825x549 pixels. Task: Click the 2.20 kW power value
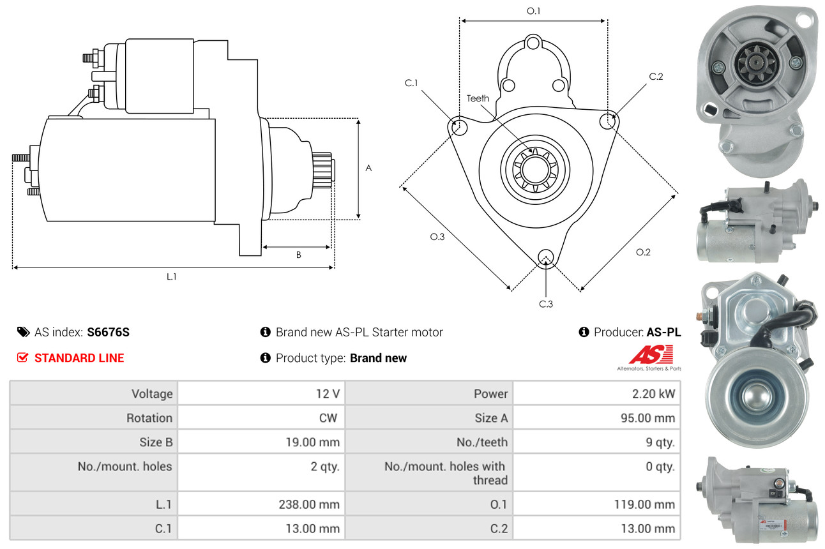[653, 394]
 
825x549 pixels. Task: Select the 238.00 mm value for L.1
[309, 504]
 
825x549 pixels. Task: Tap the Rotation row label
[149, 418]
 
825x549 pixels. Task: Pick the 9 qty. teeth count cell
[660, 442]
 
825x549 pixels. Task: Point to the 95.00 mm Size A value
[648, 418]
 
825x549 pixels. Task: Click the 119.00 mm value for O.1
[644, 504]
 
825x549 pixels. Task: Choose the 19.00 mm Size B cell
[313, 442]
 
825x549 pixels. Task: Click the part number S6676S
[109, 332]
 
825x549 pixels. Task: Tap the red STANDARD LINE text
[79, 358]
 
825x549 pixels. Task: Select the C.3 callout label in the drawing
[546, 304]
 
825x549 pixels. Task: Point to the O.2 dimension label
[643, 252]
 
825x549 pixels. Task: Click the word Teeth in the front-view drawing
[478, 98]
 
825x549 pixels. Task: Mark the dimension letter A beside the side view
[368, 169]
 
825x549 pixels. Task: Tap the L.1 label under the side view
[172, 276]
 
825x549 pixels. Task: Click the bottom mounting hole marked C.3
[546, 257]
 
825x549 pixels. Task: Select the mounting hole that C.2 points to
[608, 121]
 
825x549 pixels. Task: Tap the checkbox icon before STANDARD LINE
[22, 357]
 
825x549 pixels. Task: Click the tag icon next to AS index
[24, 332]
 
